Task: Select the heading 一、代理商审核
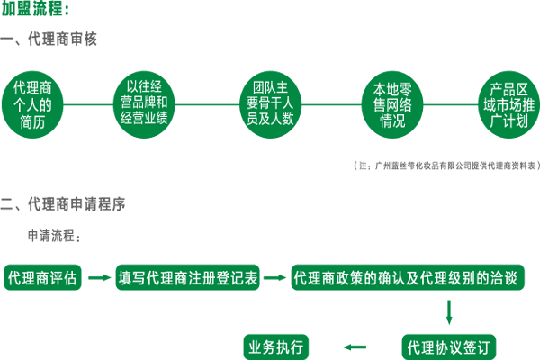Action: pos(49,41)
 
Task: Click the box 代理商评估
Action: pos(43,278)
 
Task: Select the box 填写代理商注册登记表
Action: pos(188,278)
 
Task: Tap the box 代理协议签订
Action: pos(447,346)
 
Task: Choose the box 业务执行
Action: pos(277,346)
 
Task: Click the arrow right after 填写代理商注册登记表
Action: pos(275,278)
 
